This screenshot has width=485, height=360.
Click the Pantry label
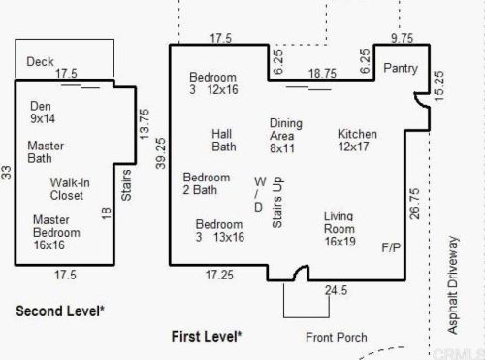point(401,68)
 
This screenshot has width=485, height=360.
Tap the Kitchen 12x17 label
point(357,140)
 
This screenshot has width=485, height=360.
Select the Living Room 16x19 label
point(339,229)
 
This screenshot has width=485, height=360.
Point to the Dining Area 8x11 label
point(286,136)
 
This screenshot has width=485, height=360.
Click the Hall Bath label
point(224,141)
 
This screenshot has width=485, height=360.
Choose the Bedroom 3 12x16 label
point(213,83)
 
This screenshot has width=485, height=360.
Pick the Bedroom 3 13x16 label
point(220,231)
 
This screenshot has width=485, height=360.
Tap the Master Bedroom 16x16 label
point(56,232)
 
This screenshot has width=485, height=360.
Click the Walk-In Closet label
point(70,189)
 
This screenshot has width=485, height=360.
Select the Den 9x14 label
point(43,112)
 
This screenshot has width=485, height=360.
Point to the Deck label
point(40,61)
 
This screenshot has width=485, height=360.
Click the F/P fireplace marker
point(391,247)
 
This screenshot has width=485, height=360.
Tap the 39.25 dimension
point(161,153)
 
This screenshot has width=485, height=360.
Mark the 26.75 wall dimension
point(415,204)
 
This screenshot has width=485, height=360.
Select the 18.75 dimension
point(322,74)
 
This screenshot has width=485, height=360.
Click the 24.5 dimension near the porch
point(337,290)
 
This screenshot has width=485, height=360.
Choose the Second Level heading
point(60,311)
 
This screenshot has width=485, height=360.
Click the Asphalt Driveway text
point(453,284)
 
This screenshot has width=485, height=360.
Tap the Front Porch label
point(337,337)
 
